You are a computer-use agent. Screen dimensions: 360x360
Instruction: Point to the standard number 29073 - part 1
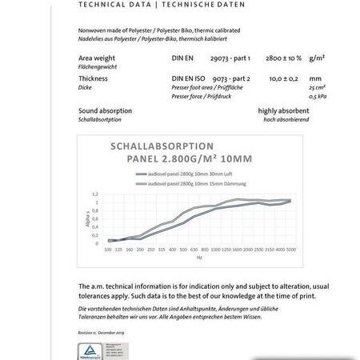point(230,59)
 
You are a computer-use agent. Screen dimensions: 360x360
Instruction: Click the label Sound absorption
point(106,110)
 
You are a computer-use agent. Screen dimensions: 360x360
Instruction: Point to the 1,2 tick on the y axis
point(94,194)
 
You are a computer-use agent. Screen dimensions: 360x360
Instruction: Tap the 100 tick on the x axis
point(108,250)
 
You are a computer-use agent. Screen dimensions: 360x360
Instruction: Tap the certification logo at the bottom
point(93,350)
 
